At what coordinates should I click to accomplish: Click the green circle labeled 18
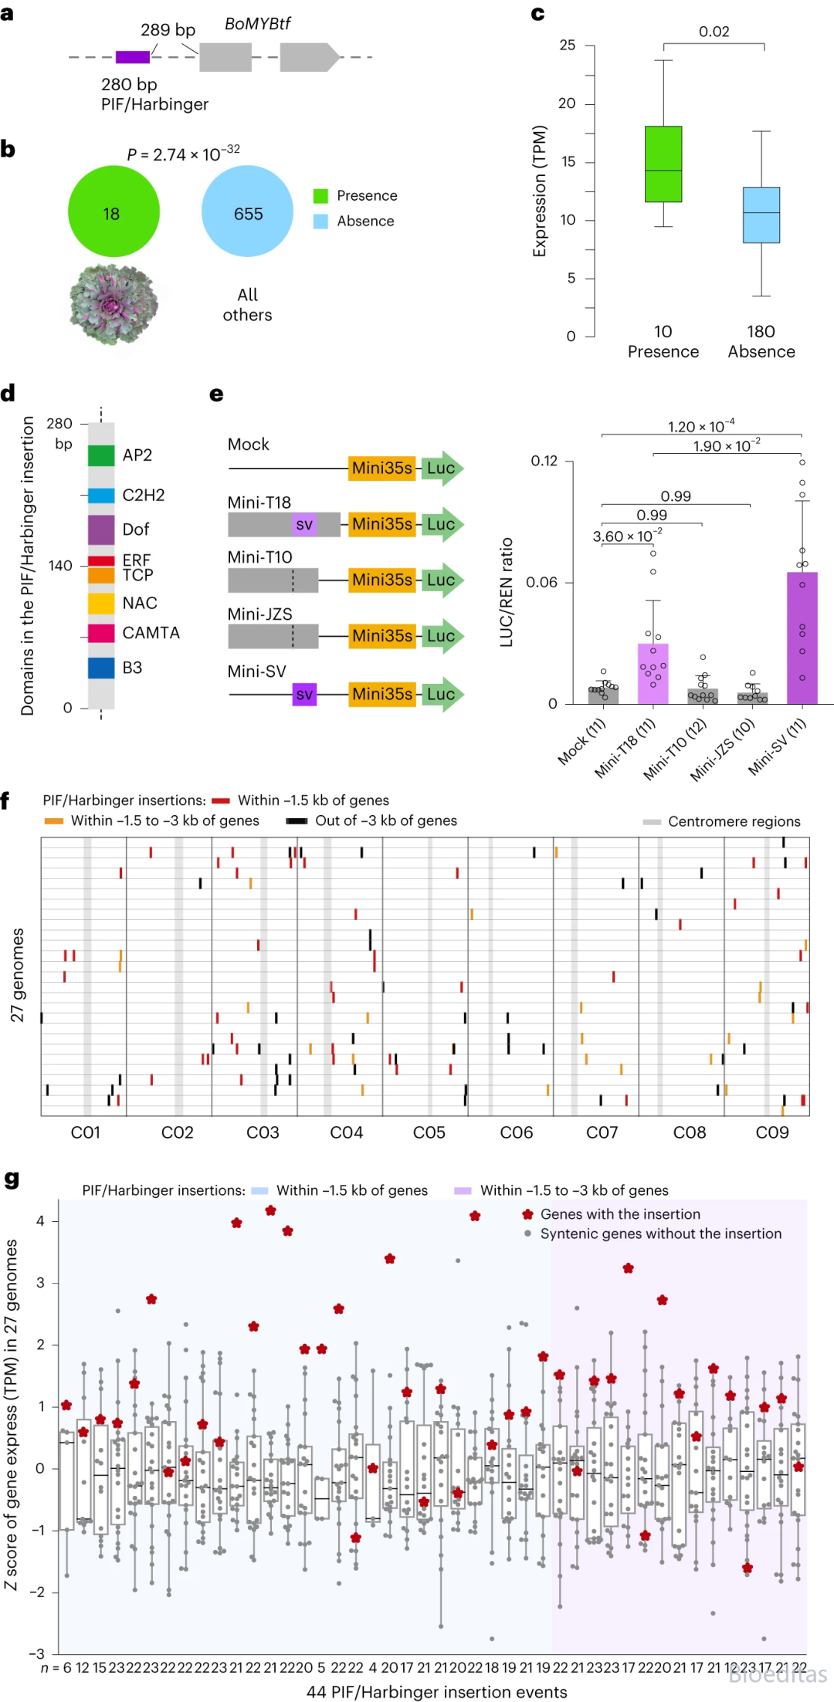[114, 211]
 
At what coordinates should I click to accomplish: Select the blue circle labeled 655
[248, 211]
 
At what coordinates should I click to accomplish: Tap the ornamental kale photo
[114, 303]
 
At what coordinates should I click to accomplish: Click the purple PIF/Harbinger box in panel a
[133, 57]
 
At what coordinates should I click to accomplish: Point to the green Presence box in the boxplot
[663, 164]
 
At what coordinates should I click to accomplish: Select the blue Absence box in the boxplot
[761, 215]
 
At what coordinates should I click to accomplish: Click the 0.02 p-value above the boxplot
[714, 32]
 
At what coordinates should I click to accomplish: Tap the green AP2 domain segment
[101, 455]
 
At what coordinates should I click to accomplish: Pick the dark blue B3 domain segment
[101, 668]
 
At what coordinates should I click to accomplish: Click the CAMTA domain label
[151, 633]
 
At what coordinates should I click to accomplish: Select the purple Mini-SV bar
[802, 638]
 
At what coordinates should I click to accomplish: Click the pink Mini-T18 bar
[653, 673]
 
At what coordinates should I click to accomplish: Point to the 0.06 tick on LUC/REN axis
[541, 582]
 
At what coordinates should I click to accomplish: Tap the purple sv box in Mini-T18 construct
[304, 524]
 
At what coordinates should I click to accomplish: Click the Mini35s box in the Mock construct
[382, 468]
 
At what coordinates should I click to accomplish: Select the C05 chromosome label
[429, 1132]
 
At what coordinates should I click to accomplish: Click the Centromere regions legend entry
[722, 821]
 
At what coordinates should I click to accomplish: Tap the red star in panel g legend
[527, 1214]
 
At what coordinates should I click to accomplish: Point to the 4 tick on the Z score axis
[40, 1220]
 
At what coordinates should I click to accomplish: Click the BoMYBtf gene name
[257, 24]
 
